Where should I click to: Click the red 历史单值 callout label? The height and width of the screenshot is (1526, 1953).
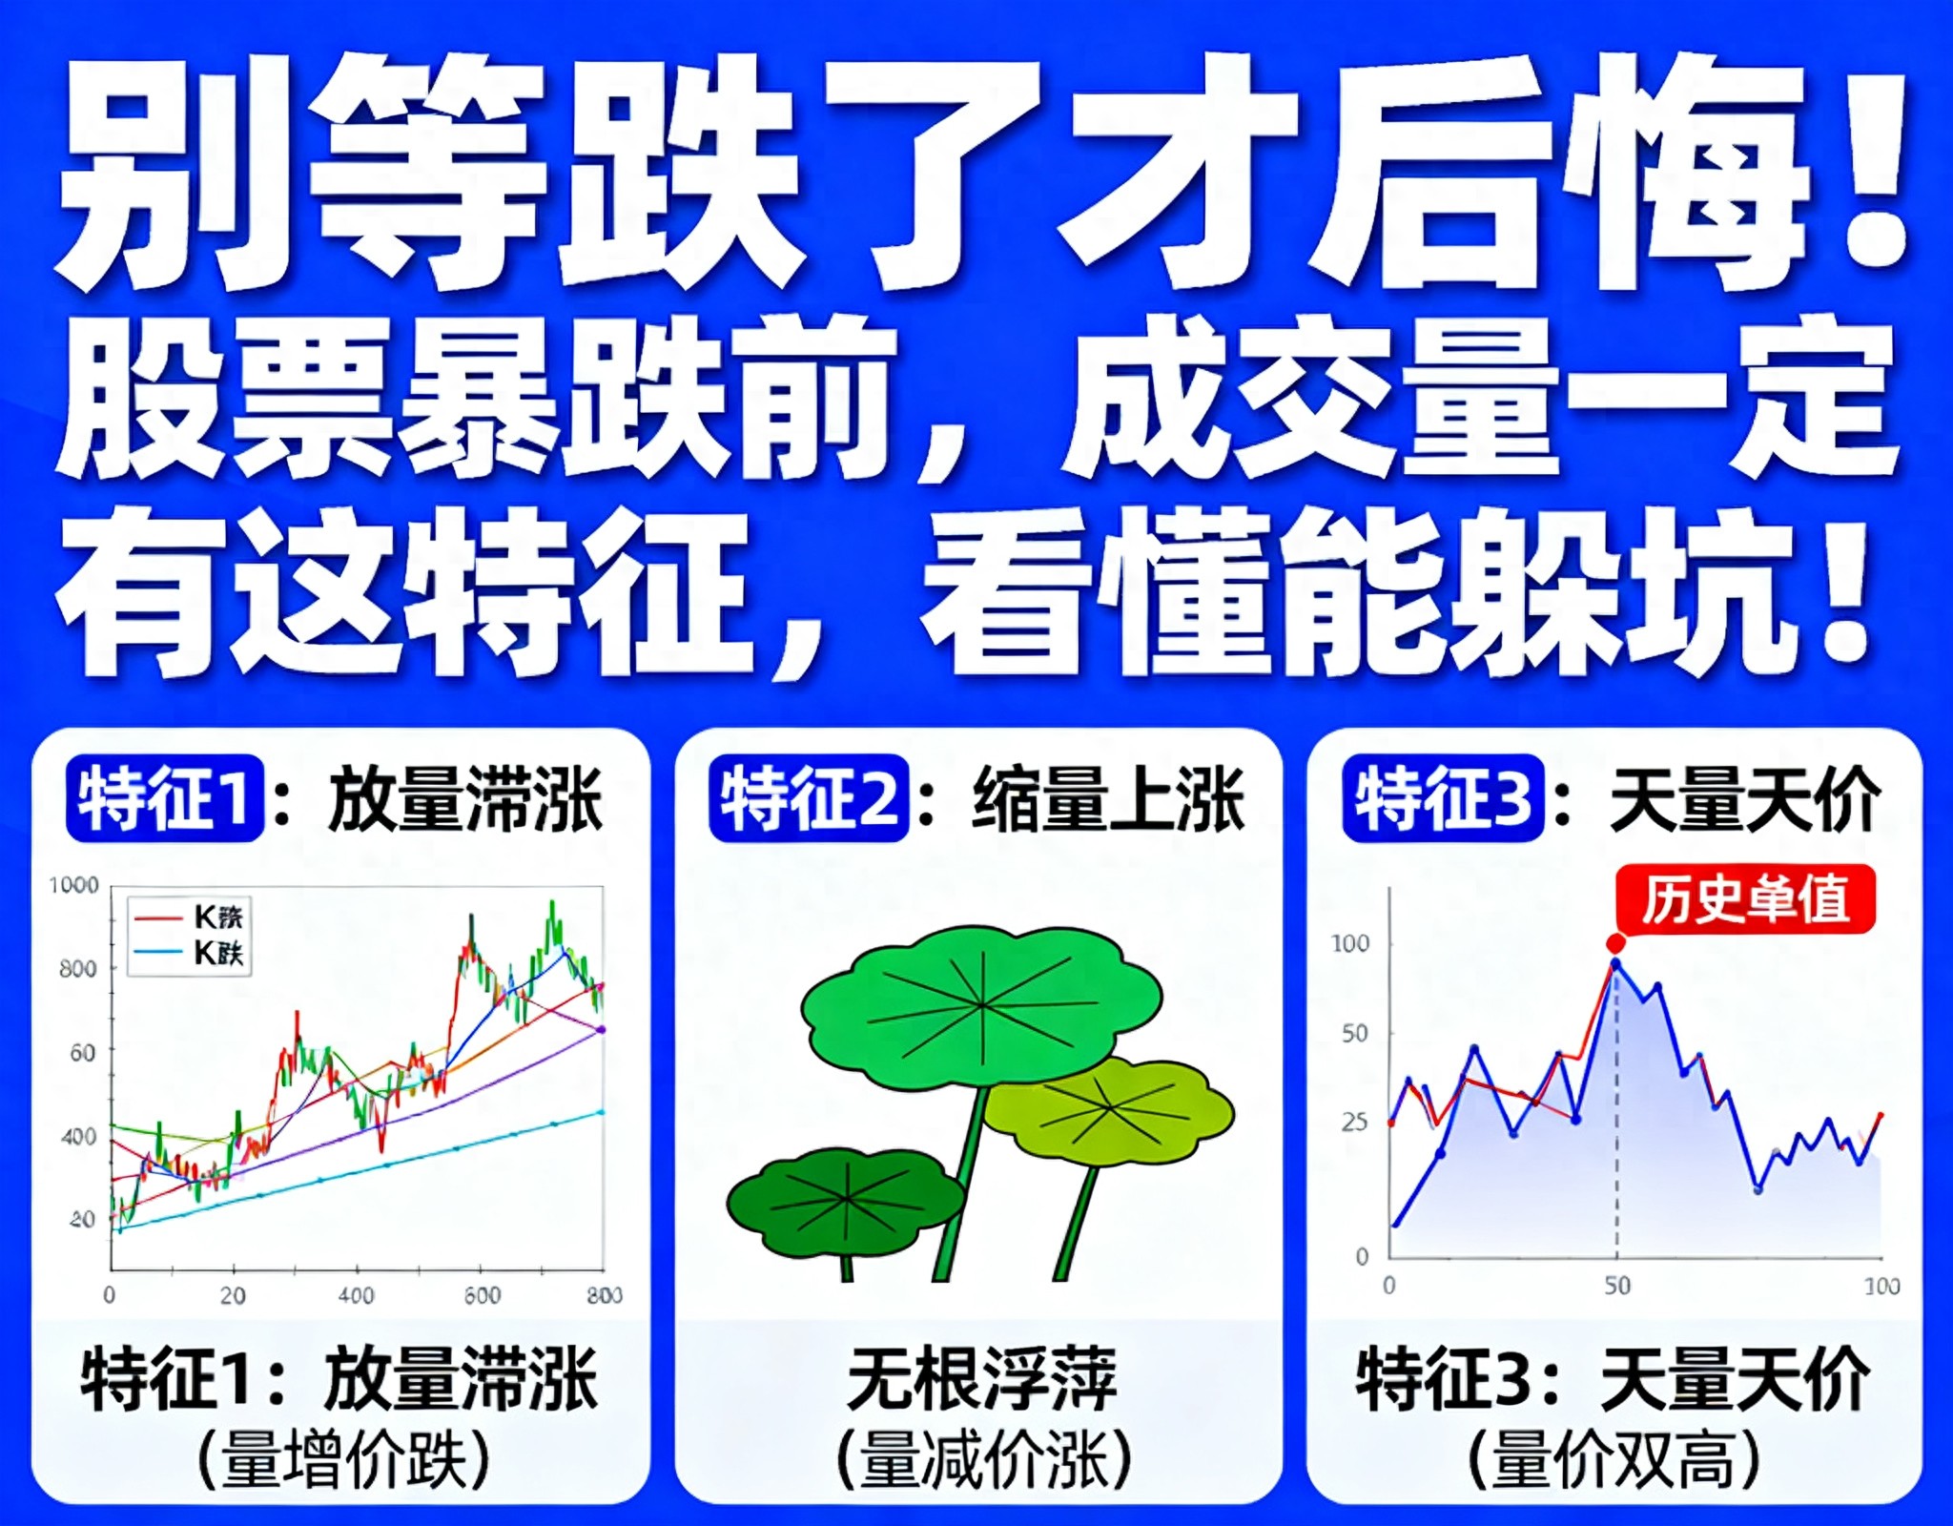1745,899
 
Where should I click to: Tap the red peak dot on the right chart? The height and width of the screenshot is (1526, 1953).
1615,943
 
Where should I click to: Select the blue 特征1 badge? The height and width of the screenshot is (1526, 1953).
165,799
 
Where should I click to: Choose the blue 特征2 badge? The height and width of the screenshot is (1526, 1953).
809,799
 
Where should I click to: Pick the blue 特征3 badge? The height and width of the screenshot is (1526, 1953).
1443,799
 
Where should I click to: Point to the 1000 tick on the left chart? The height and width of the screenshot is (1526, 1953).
74,885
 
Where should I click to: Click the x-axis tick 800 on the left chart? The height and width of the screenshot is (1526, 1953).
605,1295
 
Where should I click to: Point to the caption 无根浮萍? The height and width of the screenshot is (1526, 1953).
981,1379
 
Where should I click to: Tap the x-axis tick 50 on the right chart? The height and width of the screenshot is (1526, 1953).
1616,1286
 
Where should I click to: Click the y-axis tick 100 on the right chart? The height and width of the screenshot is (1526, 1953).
1350,944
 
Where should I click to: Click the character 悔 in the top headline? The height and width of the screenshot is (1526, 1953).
1688,172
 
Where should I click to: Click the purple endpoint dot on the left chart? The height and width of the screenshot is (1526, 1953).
601,1029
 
